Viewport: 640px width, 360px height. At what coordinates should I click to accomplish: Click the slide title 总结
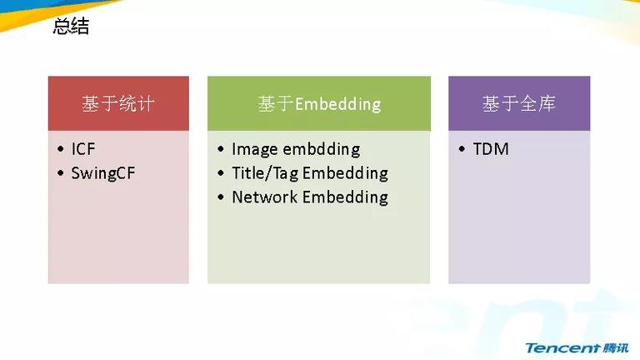[71, 26]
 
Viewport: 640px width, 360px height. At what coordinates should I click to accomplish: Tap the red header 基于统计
[118, 103]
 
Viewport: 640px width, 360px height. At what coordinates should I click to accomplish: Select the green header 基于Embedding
[319, 103]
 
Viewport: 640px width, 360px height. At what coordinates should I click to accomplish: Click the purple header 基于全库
[519, 103]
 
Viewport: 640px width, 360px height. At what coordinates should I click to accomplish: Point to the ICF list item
[83, 149]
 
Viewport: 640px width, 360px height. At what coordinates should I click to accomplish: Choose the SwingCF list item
[103, 173]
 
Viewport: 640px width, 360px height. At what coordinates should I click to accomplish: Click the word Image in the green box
[255, 149]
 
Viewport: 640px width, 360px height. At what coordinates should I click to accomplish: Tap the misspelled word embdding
[322, 149]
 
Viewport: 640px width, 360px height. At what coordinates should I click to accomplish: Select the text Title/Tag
[265, 173]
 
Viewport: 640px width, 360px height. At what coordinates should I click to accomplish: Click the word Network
[264, 197]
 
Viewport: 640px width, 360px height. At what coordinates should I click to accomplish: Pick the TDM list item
[491, 149]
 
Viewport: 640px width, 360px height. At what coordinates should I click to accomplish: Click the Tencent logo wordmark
[562, 347]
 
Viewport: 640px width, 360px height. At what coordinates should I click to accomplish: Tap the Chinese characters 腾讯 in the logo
[616, 347]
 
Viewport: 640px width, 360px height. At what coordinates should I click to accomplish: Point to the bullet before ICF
[61, 149]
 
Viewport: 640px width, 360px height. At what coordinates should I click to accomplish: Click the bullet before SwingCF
[61, 173]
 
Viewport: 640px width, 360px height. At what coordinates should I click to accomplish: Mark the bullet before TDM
[462, 149]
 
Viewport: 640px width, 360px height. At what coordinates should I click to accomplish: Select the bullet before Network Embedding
[221, 197]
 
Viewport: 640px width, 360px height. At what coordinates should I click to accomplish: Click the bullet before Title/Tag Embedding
[221, 173]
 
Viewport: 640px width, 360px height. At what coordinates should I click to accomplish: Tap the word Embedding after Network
[345, 197]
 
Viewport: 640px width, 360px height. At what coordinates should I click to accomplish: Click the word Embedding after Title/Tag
[345, 173]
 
